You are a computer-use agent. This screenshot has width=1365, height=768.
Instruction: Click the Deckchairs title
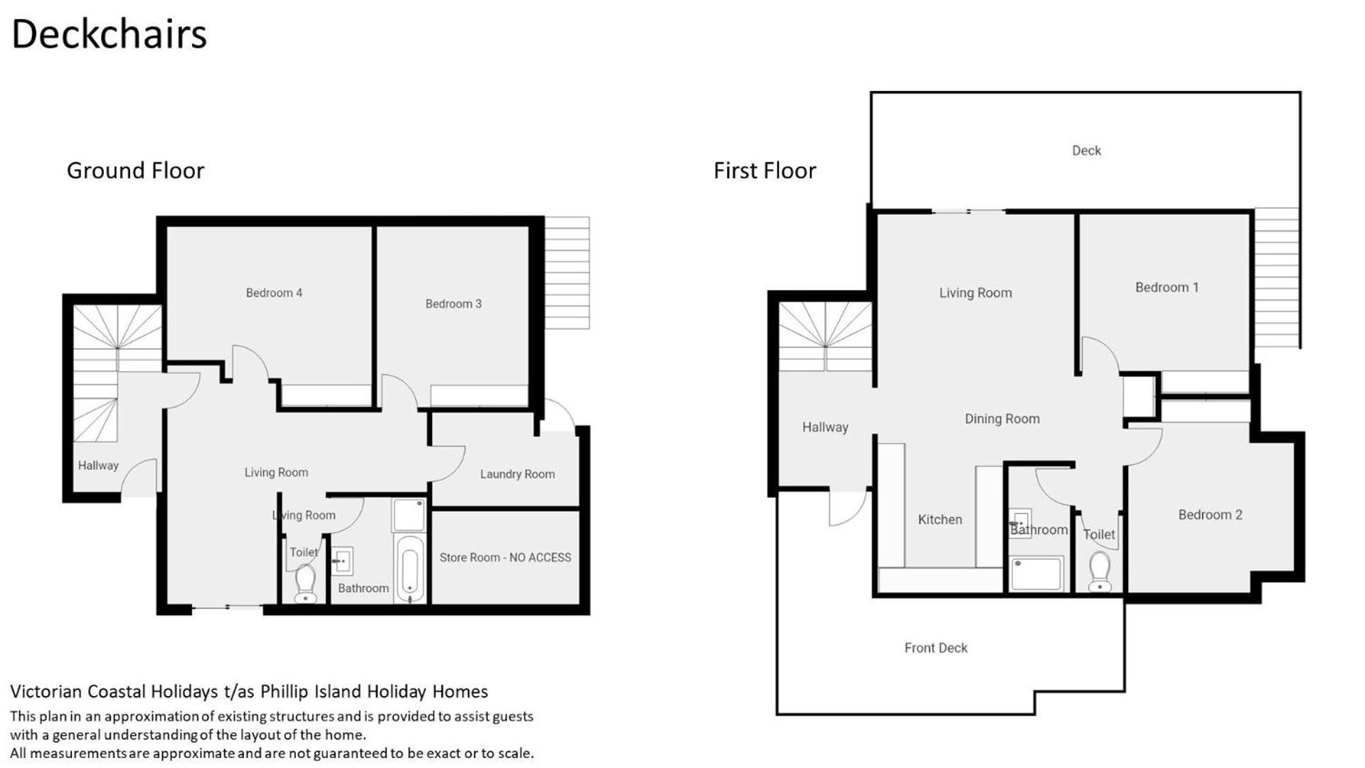(x=109, y=34)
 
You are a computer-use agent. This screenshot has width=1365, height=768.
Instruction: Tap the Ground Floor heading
(x=135, y=171)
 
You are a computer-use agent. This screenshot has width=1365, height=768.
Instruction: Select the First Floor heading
(x=765, y=171)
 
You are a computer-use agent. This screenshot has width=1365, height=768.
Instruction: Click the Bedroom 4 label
(x=274, y=293)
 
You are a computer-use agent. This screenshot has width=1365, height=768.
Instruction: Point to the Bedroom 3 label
(x=453, y=304)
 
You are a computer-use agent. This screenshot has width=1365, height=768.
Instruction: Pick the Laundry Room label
(x=517, y=474)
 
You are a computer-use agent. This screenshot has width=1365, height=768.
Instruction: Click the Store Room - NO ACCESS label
(x=505, y=558)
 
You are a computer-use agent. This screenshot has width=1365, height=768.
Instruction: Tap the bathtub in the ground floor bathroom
(x=410, y=569)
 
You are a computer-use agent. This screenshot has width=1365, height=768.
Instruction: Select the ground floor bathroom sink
(x=343, y=561)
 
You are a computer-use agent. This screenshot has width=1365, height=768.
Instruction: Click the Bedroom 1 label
(x=1167, y=287)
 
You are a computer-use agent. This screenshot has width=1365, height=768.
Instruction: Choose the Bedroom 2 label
(x=1210, y=515)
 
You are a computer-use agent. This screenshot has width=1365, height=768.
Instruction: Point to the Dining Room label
(x=1002, y=419)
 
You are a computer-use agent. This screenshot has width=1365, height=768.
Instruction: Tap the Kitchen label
(x=940, y=520)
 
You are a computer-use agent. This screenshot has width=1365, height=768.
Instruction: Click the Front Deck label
(x=935, y=648)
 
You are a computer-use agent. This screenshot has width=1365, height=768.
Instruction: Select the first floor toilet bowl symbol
(x=1100, y=572)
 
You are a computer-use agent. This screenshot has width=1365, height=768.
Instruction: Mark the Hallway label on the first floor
(x=825, y=427)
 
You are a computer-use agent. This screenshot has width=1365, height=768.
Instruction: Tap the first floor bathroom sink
(x=1021, y=523)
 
